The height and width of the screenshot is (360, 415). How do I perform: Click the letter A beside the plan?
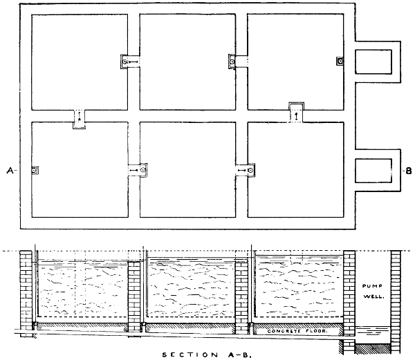point(10,171)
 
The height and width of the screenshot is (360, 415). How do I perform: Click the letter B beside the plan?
point(409,171)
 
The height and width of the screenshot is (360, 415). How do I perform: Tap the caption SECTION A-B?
point(206,354)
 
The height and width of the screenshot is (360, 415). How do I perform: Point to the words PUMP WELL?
point(373,291)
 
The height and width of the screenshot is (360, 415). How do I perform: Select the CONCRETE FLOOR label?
point(297,331)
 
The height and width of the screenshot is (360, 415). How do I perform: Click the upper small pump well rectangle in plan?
point(373,61)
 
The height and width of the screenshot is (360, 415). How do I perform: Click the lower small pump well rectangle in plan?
point(373,171)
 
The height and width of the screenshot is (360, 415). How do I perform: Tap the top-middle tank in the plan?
point(187,62)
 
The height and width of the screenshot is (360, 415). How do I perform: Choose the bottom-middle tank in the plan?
point(187,170)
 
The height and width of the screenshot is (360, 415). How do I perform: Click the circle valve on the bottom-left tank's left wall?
point(34,171)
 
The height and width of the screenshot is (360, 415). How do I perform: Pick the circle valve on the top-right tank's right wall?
point(341,61)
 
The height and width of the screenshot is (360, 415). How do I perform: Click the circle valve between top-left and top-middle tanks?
point(124,62)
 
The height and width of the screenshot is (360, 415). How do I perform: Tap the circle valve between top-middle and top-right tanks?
point(232,62)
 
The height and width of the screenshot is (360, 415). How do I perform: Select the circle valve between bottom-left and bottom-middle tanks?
point(143,170)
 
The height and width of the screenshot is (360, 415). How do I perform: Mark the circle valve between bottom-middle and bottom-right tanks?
point(250,170)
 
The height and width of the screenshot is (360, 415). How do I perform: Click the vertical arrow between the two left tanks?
point(79,116)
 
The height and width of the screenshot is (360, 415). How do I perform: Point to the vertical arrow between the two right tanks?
point(296,117)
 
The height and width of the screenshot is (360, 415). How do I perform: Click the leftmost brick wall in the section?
point(26,294)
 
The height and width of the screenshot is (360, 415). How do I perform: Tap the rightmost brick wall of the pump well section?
point(396,301)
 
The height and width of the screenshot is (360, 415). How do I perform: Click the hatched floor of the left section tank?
point(82,326)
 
